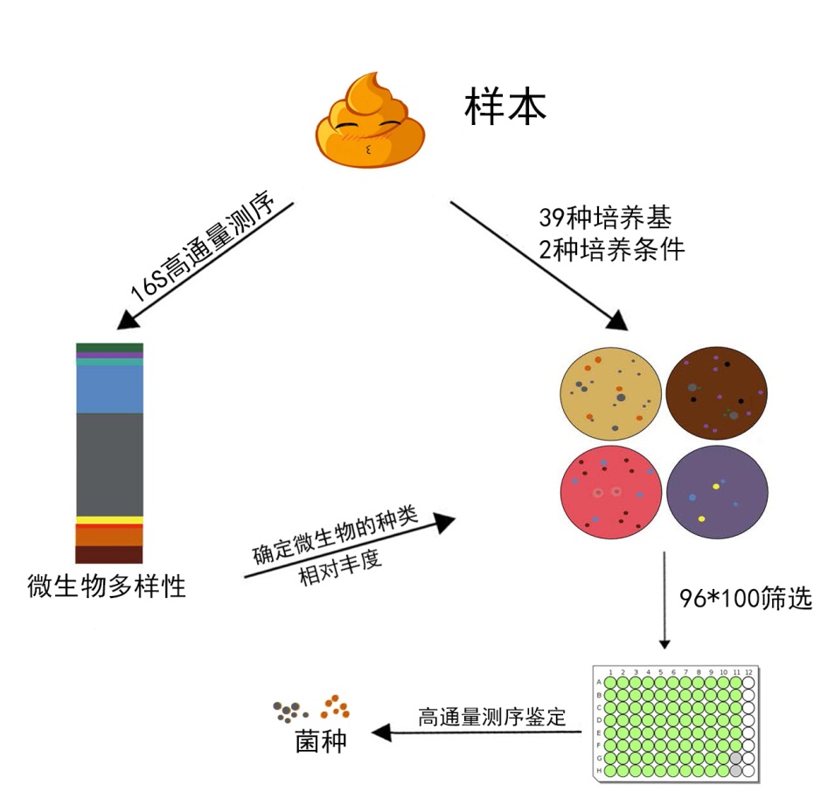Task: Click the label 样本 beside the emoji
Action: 504,107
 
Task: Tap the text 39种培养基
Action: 596,216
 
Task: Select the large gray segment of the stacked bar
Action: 109,463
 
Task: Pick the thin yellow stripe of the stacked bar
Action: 109,520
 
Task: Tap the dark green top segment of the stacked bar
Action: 109,348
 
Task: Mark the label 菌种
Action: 320,742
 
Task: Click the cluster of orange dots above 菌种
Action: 335,704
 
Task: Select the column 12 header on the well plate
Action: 748,671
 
